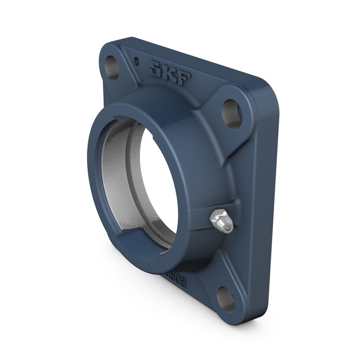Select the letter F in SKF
point(184,79)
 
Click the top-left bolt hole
point(112,67)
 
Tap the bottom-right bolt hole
point(226,299)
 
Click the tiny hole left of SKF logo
point(136,61)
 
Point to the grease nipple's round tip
point(226,225)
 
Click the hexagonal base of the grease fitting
point(216,218)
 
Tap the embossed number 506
point(176,281)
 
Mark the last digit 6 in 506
point(182,283)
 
